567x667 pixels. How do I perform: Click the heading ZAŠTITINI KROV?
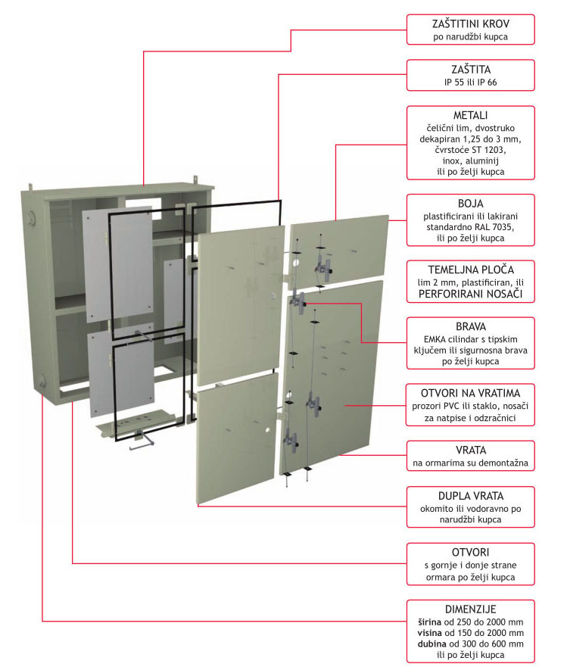(470, 22)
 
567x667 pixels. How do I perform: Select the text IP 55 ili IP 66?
(470, 83)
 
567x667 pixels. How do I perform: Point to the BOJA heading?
(470, 204)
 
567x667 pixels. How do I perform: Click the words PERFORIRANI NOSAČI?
(470, 294)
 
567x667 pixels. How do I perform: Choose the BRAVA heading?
(470, 326)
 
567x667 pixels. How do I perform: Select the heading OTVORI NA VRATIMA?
(470, 394)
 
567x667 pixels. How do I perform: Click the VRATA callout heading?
(470, 449)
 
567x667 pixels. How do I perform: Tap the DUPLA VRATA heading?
(470, 495)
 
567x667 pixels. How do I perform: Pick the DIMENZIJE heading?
(470, 609)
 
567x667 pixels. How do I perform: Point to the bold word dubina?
(431, 643)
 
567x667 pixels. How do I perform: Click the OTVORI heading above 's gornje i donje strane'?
(470, 552)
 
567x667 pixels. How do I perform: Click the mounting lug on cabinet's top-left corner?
(33, 185)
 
